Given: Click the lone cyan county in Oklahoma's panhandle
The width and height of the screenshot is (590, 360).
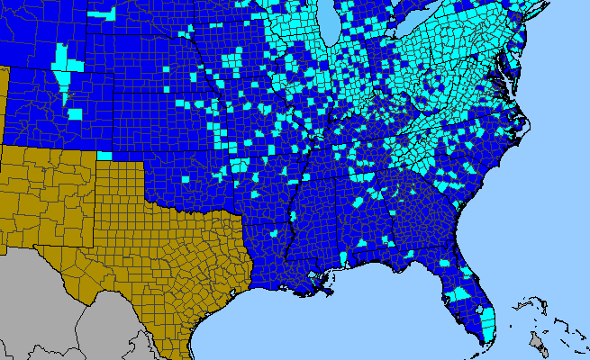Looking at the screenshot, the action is (104, 156).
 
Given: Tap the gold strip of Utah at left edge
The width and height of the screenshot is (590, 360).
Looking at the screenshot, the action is (3, 99).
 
